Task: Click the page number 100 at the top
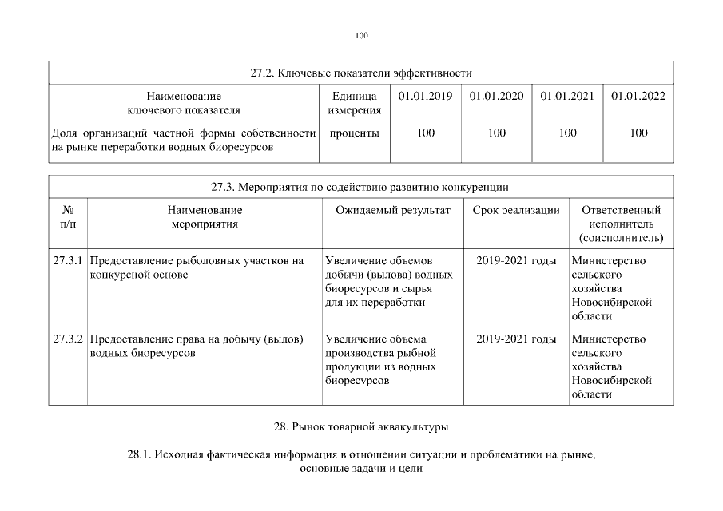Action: point(361,35)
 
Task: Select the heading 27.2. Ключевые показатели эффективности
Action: point(361,73)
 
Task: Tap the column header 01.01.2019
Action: point(426,97)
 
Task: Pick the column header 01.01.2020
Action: point(496,97)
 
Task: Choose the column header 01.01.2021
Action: point(567,97)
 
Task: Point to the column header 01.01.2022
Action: point(638,97)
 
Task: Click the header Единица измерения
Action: point(354,103)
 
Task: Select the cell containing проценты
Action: point(354,133)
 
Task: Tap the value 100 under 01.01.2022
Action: point(638,133)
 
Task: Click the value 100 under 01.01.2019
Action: point(426,133)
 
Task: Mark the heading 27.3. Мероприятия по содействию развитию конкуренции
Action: point(360,187)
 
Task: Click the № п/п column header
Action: point(68,217)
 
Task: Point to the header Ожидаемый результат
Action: point(393,210)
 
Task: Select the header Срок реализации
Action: point(515,210)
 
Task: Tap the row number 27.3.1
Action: point(69,260)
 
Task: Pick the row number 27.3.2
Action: point(69,339)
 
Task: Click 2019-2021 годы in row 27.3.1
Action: point(515,260)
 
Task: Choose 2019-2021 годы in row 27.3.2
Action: point(515,339)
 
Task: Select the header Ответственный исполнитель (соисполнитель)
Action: point(621,224)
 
